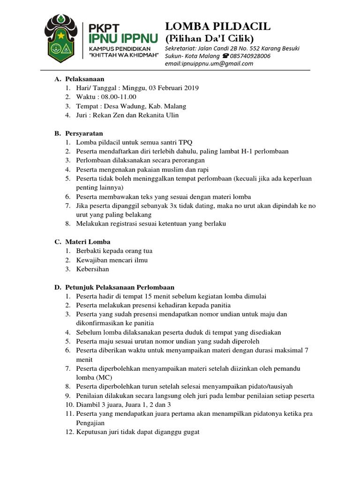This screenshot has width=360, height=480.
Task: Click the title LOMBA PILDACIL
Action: tap(217, 26)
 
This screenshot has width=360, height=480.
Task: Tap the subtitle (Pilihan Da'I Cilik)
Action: tap(209, 38)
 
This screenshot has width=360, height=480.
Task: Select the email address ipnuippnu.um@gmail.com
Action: tap(209, 64)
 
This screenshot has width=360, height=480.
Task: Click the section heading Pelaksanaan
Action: tap(84, 79)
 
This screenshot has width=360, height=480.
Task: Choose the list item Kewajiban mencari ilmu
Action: tap(112, 260)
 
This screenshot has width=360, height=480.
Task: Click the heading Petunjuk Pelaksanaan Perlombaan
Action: tap(119, 287)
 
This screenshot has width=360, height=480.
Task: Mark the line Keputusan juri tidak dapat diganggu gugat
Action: tap(138, 432)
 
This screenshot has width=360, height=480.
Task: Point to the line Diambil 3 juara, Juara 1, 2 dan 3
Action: tap(123, 405)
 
